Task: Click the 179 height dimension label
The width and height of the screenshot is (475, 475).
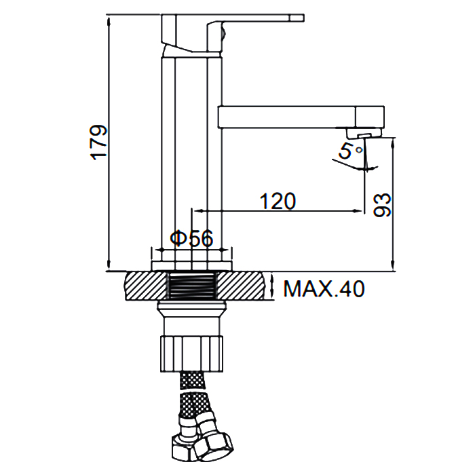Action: point(99,142)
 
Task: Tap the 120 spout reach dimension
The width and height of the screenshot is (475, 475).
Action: point(278,201)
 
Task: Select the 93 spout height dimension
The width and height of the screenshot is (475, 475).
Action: point(381,205)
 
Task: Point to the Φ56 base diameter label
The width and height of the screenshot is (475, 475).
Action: point(192,238)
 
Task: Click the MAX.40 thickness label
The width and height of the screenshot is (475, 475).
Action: point(324,288)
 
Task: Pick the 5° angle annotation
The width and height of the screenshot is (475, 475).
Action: point(350,151)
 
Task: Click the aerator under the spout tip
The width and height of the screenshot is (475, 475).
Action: point(364,133)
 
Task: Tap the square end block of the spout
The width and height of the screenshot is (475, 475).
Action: point(370,117)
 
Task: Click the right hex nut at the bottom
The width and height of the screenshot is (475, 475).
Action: point(214,446)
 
